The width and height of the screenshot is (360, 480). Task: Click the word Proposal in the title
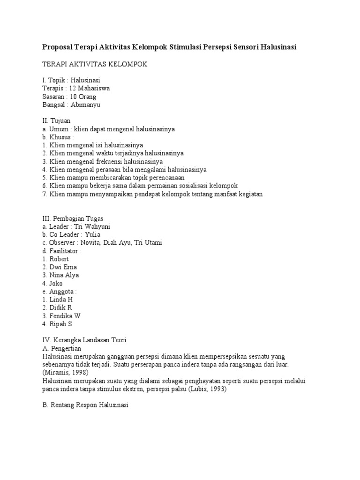59,47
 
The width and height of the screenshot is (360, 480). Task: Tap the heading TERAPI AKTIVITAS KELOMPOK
95,64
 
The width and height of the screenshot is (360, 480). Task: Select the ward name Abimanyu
86,105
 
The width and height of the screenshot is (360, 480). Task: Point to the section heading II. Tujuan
56,120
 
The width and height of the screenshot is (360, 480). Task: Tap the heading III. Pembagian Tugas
73,218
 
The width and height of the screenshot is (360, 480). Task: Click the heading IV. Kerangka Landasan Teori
84,340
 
